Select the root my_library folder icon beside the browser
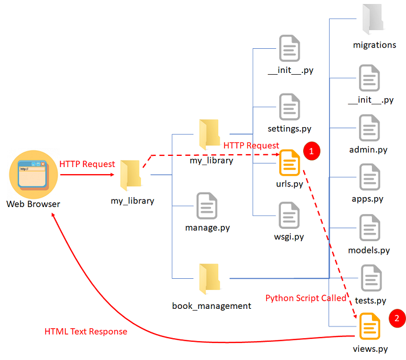tap(131, 176)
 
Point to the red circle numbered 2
tap(397, 318)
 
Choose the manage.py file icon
tap(207, 206)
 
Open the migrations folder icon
tap(373, 18)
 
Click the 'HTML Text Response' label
tap(86, 331)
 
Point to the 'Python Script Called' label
tap(306, 298)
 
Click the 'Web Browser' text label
tap(33, 204)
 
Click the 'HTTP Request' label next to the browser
tap(87, 164)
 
